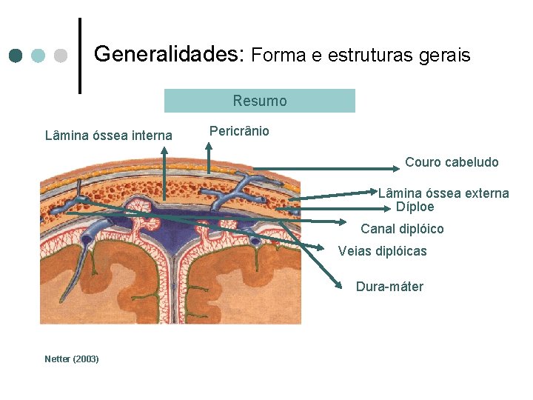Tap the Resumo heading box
point(259,101)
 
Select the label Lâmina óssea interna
point(109,135)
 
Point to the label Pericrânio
point(239,131)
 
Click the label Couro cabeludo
point(452,161)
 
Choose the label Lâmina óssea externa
point(443,193)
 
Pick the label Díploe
point(415,207)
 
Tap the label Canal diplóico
point(402,229)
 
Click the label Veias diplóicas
point(382,251)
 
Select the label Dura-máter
point(389,287)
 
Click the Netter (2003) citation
point(72,359)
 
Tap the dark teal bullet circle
point(16,56)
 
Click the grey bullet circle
point(62,56)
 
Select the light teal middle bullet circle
point(39,56)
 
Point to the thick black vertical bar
point(79,56)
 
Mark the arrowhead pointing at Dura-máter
point(338,286)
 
